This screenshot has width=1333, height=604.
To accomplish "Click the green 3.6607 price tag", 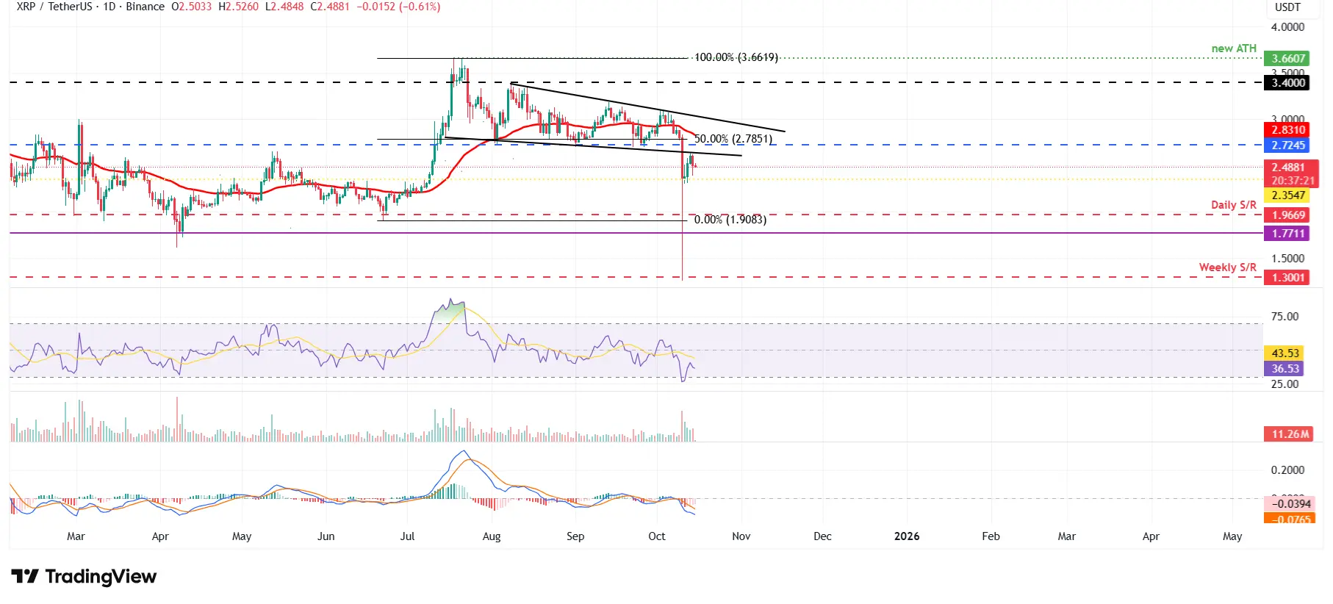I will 1288,59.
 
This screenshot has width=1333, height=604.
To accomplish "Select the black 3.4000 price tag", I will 1288,83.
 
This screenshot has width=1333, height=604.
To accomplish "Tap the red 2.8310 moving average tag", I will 1288,130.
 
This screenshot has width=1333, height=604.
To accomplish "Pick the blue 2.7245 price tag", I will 1288,145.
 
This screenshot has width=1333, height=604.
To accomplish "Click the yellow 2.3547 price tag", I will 1288,195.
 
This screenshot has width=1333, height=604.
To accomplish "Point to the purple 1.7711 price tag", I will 1288,234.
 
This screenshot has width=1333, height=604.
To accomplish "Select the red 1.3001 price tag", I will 1288,278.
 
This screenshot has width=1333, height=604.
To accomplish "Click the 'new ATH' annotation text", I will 1234,48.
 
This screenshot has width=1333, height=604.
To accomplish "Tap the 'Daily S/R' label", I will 1234,205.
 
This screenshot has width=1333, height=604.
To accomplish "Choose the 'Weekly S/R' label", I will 1227,267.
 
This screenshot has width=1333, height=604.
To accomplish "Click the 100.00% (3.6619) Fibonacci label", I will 736,57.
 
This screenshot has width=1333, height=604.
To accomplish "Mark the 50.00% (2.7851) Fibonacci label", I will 733,139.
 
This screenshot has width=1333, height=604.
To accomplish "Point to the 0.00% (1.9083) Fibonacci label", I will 730,220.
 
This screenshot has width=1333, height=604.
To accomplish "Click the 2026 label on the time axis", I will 907,536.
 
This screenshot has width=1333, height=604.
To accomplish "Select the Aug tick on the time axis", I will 492,536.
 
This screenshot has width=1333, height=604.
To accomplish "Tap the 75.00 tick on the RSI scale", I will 1285,317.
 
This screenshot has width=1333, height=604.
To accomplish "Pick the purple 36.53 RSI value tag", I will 1285,369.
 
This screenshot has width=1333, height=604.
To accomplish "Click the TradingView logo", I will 84,577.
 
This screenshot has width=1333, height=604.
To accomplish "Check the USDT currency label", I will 1287,7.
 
